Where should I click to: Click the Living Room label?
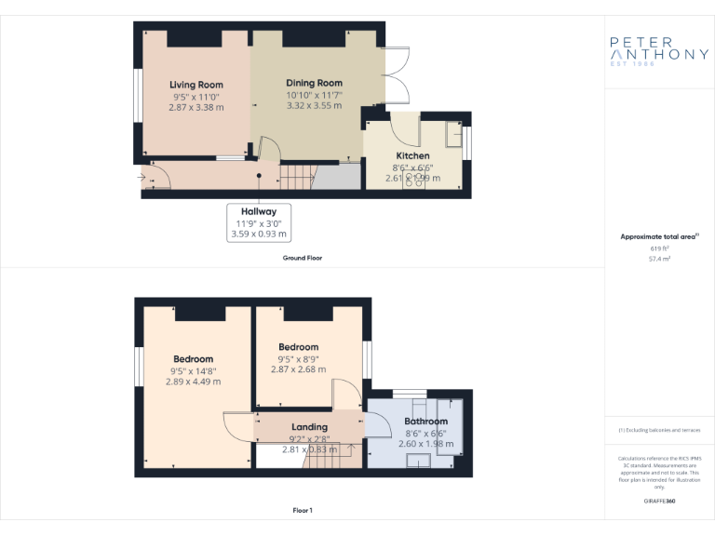click(x=196, y=85)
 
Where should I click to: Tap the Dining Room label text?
click(x=314, y=83)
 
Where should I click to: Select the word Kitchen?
click(x=412, y=155)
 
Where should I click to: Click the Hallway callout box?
click(x=258, y=222)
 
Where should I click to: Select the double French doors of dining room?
click(x=395, y=77)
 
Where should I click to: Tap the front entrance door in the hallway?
click(x=155, y=177)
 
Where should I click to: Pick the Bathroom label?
click(x=425, y=422)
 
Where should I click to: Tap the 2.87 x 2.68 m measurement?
click(x=298, y=369)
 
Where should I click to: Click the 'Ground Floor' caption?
click(x=303, y=257)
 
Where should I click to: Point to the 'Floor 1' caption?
click(x=303, y=510)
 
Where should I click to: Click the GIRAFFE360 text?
click(x=659, y=501)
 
